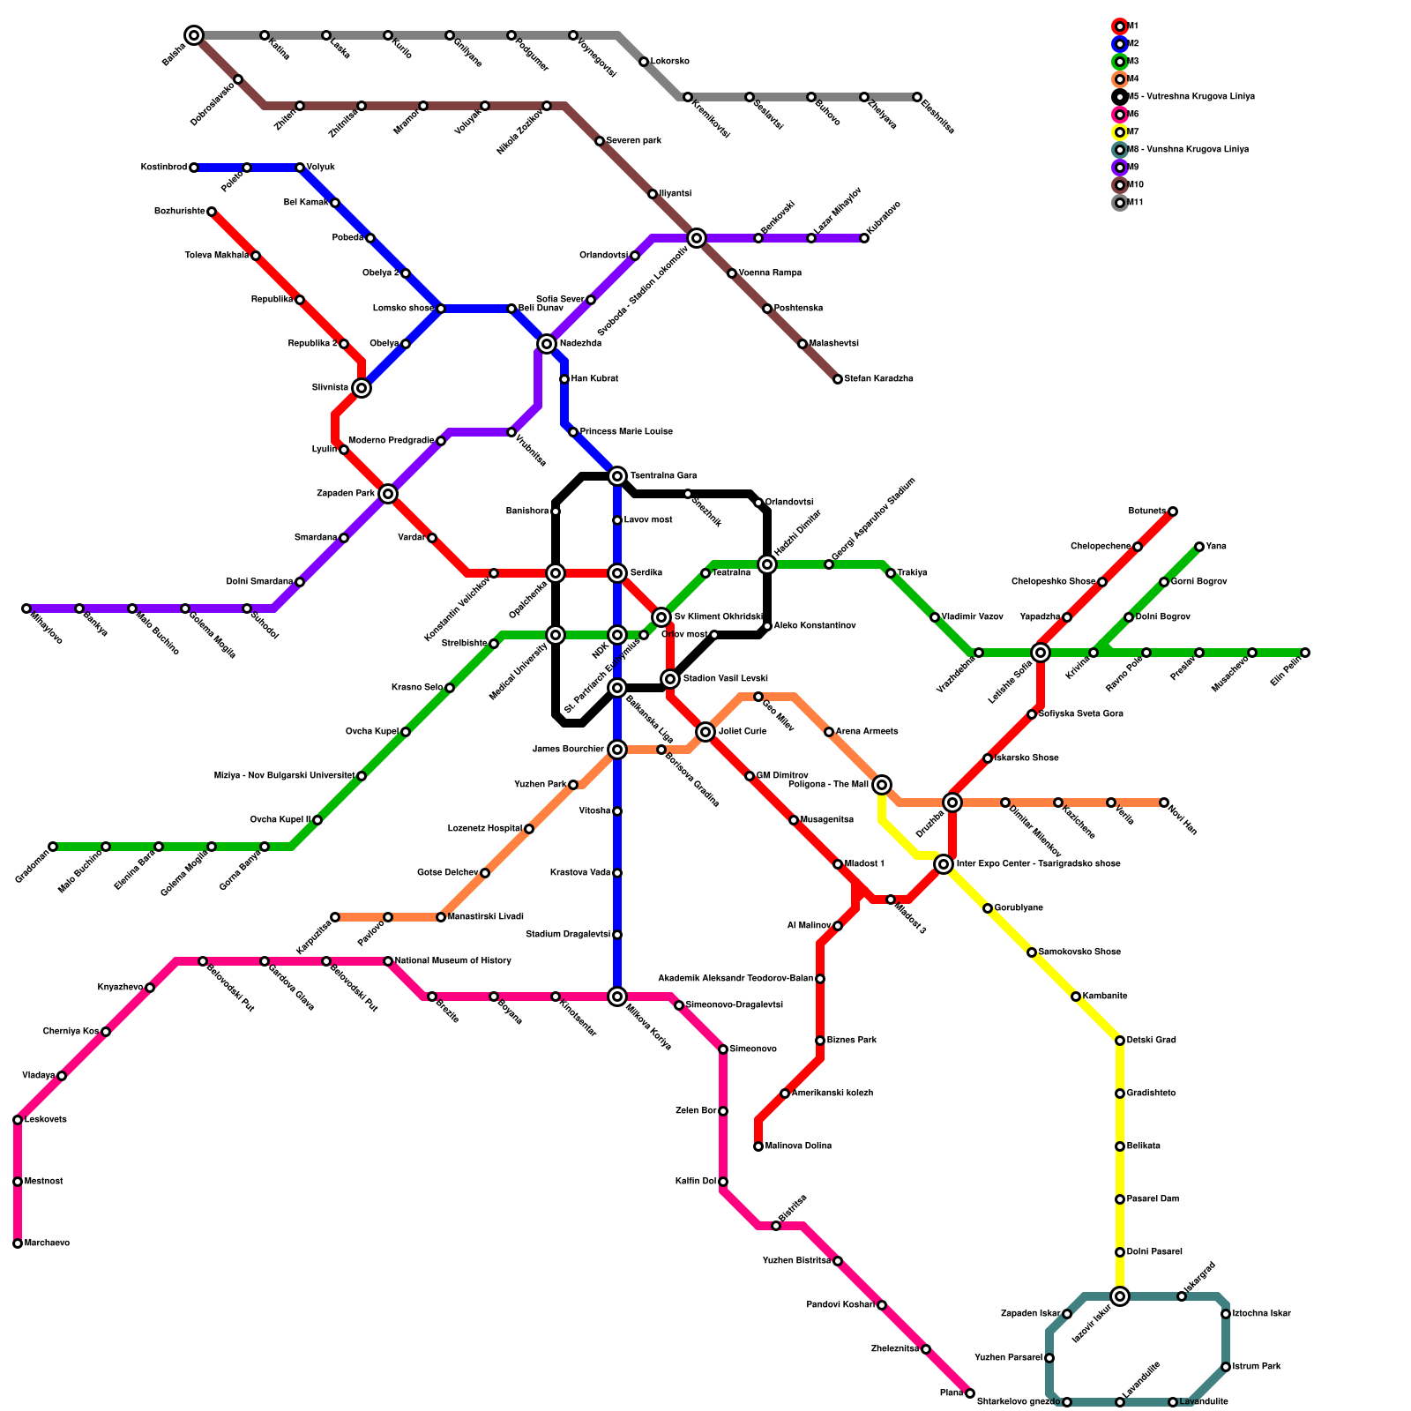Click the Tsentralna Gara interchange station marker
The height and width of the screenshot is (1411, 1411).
point(617,476)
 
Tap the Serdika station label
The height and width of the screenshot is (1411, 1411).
point(646,573)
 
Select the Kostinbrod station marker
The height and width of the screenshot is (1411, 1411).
point(194,168)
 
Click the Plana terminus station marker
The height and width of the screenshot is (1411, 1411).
point(970,1393)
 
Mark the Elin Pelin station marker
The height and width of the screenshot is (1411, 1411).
point(1305,653)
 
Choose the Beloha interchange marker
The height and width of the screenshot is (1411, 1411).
point(194,35)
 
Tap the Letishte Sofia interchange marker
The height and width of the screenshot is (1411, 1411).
point(1041,653)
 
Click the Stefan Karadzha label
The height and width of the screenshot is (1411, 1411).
point(878,379)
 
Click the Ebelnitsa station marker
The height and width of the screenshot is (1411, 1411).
point(917,97)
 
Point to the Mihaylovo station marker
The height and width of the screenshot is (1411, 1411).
point(26,608)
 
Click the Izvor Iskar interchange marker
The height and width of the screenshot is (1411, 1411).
point(1120,1296)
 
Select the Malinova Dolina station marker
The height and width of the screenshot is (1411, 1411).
point(758,1146)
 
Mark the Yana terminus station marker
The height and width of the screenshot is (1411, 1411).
point(1199,547)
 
